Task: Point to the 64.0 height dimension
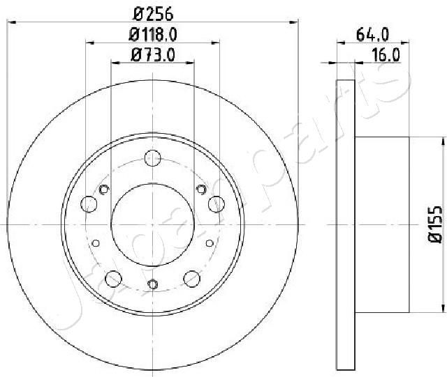coord(372,33)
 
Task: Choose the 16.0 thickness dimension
coord(386,55)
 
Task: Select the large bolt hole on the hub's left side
coord(89,204)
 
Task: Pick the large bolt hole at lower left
coord(113,278)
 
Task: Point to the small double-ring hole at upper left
coord(105,190)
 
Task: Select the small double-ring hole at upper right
coord(201,190)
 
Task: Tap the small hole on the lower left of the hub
coord(96,242)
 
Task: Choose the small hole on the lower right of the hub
coord(210,242)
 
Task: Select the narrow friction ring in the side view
coord(346,224)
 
